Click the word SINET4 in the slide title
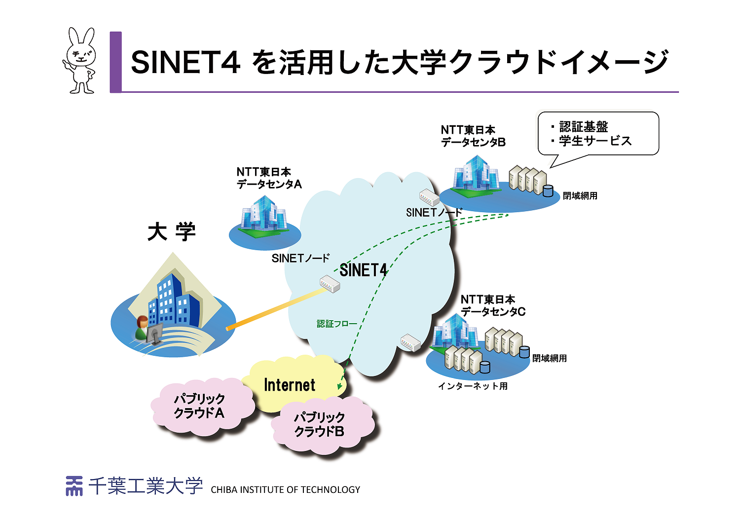click(185, 63)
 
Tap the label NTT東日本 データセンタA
click(269, 178)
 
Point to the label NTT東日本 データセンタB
click(473, 136)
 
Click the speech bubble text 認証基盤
click(584, 127)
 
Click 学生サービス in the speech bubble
click(595, 141)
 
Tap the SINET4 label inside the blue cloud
click(364, 270)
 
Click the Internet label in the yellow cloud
click(290, 385)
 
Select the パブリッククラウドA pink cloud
click(200, 407)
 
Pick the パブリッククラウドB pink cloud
click(320, 425)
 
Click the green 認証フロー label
click(336, 324)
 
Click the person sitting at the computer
click(142, 329)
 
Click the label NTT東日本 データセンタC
click(493, 305)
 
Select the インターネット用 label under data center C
click(473, 386)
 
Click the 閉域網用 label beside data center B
click(580, 196)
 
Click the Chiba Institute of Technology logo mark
click(74, 486)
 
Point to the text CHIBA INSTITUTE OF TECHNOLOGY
click(285, 490)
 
